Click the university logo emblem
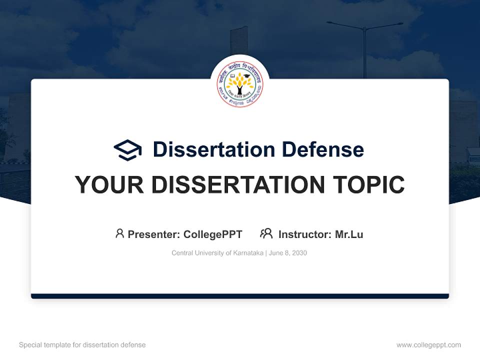[240, 84]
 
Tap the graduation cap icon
[127, 150]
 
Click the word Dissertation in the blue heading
[213, 149]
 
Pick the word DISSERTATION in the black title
[240, 185]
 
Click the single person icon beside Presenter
[119, 233]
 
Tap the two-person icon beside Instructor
[266, 233]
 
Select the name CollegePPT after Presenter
[212, 234]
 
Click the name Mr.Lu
[349, 234]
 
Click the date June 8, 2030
[288, 253]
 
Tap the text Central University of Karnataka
[217, 253]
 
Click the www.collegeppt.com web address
[428, 345]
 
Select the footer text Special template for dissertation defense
[82, 345]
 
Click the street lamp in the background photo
[365, 45]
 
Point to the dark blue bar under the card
[240, 296]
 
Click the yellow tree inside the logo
[240, 82]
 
